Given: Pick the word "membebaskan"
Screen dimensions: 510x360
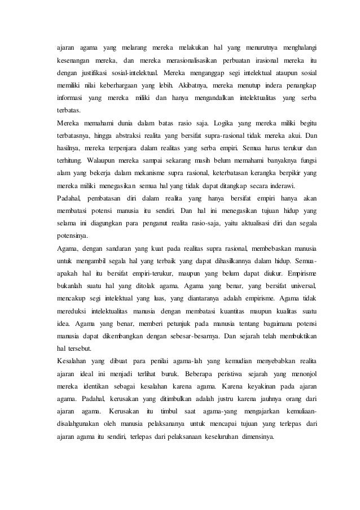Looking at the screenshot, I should pos(265,250).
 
